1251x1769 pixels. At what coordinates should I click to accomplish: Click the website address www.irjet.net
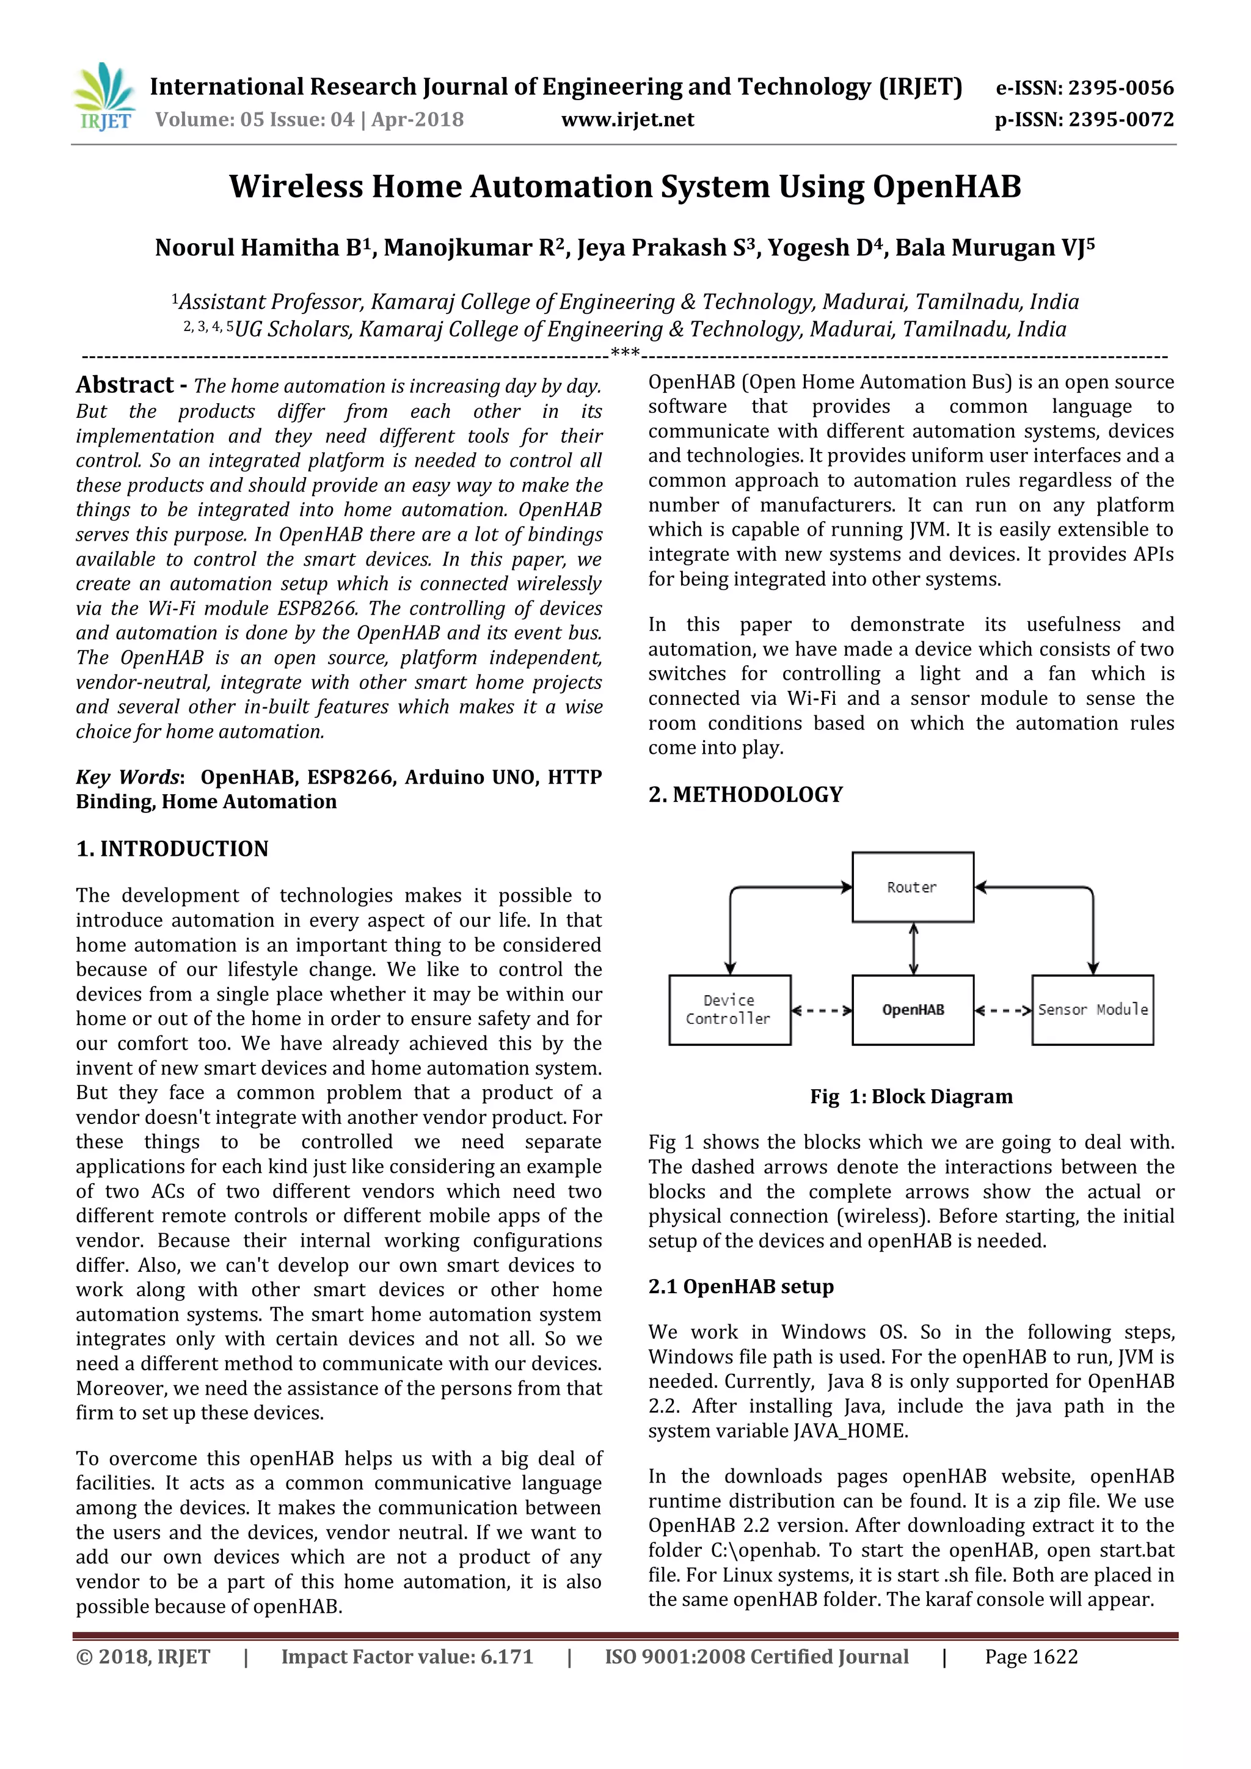coord(627,120)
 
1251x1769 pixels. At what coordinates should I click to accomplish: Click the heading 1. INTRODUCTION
coord(172,849)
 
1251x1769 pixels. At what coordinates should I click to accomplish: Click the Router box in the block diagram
coord(912,888)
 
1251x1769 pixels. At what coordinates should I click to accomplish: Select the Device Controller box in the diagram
coord(729,1010)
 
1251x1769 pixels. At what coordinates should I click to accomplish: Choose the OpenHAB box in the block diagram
coord(912,1010)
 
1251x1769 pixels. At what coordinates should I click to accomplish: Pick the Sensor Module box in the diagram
coord(1092,1010)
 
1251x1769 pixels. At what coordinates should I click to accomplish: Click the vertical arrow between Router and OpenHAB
coord(914,949)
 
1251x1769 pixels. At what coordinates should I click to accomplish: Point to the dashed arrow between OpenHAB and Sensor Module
coord(1003,1011)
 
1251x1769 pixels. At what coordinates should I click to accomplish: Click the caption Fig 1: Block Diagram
coord(911,1097)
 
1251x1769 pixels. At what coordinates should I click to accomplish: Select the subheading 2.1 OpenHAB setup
coord(740,1286)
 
